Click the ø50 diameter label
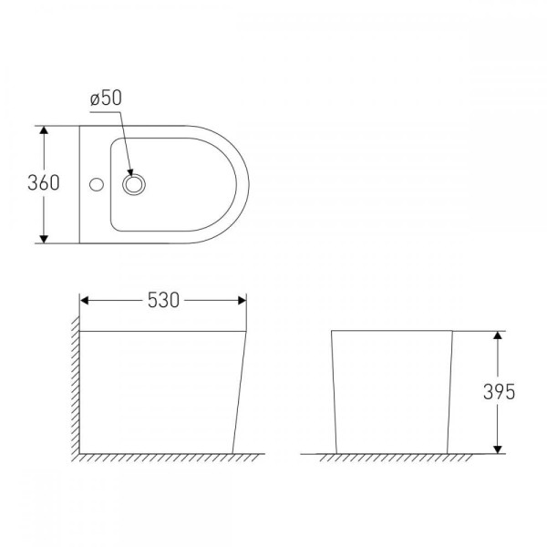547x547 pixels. pos(106,98)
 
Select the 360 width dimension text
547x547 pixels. pos(44,183)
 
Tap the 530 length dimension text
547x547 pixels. pos(163,300)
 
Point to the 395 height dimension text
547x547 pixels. pos(499,392)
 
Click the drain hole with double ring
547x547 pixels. pos(134,184)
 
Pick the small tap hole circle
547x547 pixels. pos(97,184)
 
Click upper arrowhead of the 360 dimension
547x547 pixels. pos(44,129)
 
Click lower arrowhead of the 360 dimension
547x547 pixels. pos(44,239)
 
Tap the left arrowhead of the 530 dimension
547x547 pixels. pos(84,300)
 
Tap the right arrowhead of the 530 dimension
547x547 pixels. pos(243,300)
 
